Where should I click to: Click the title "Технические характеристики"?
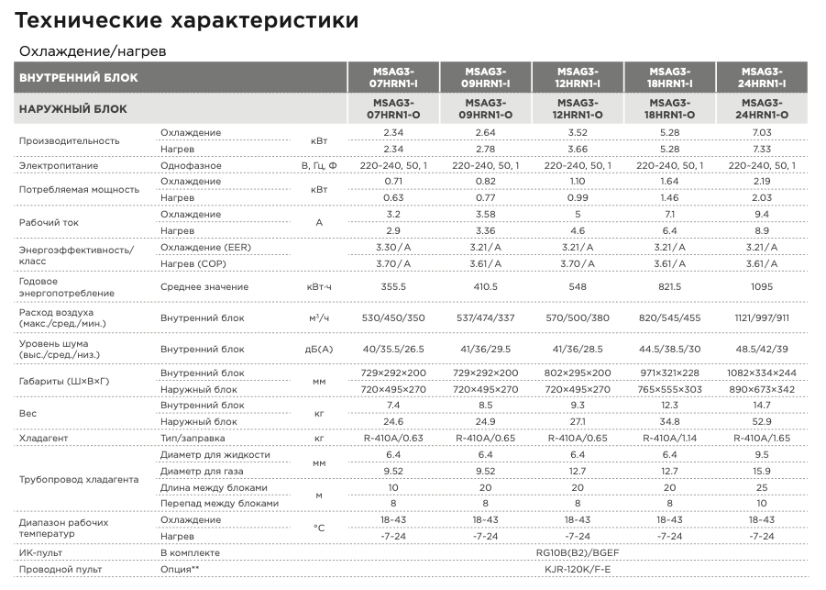point(187,19)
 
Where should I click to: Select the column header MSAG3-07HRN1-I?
point(393,77)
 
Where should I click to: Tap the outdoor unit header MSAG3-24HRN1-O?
point(761,109)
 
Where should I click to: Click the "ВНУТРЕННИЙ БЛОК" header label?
point(79,77)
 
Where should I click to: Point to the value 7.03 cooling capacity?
point(761,133)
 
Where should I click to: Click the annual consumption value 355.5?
point(393,287)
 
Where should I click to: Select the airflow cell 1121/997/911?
point(761,317)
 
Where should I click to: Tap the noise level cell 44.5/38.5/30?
point(669,350)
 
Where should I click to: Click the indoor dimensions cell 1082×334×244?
point(761,373)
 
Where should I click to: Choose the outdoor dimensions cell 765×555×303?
point(669,389)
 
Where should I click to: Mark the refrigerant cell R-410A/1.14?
point(669,439)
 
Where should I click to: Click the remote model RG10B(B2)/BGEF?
point(577,553)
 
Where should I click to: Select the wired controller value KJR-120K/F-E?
point(577,570)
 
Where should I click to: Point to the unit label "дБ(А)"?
point(319,350)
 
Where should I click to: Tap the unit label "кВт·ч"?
point(319,287)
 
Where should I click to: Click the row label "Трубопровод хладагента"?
point(79,479)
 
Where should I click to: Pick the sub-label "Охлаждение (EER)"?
point(204,248)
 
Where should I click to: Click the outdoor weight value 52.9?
point(761,421)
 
